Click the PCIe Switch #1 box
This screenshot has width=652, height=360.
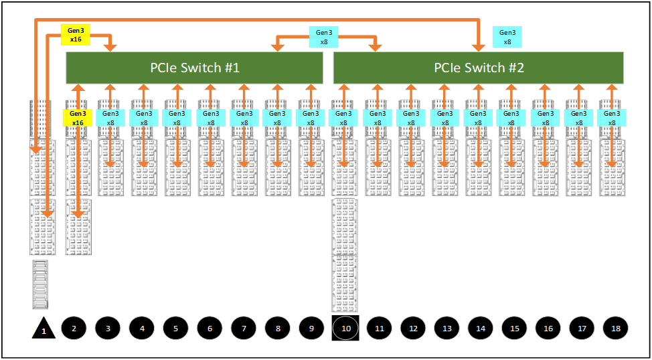pyautogui.click(x=194, y=68)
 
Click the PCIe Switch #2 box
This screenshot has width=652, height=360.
pyautogui.click(x=479, y=68)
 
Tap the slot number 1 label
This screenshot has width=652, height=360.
pyautogui.click(x=44, y=331)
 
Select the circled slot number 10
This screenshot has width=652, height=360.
pyautogui.click(x=345, y=329)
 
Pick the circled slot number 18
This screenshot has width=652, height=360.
pyautogui.click(x=615, y=329)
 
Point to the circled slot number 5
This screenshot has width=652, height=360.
pyautogui.click(x=175, y=329)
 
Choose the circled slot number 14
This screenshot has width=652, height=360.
pyautogui.click(x=480, y=329)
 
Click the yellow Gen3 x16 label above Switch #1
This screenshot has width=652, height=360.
pyautogui.click(x=75, y=35)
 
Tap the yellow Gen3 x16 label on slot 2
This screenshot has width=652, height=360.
pyautogui.click(x=77, y=118)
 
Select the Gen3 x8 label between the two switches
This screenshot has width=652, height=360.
pyautogui.click(x=323, y=36)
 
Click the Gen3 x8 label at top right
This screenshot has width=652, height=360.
pyautogui.click(x=507, y=36)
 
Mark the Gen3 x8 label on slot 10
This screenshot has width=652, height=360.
pyautogui.click(x=343, y=118)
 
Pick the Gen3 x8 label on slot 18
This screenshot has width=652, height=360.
pyautogui.click(x=612, y=118)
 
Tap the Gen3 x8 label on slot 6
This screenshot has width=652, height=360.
pyautogui.click(x=210, y=118)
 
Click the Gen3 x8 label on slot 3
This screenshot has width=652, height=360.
pyautogui.click(x=110, y=118)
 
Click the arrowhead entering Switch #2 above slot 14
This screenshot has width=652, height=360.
pyautogui.click(x=479, y=47)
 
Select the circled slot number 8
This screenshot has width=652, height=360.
pyautogui.click(x=277, y=329)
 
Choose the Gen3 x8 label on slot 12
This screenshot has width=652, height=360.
pyautogui.click(x=410, y=118)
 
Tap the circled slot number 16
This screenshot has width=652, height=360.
pyautogui.click(x=548, y=329)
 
